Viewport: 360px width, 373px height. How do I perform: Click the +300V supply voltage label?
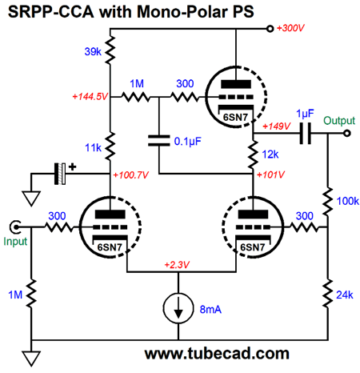tap(290, 28)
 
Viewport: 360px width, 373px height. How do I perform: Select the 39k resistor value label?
tap(93, 51)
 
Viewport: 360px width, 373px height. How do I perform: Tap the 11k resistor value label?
tap(93, 147)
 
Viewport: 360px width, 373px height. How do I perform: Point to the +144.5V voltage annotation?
tap(90, 96)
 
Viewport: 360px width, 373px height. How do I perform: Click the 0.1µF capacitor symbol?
tap(159, 141)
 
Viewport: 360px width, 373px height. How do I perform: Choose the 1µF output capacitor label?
tap(305, 114)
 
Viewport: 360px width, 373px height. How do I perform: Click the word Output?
tap(339, 121)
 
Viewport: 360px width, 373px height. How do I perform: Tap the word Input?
tap(15, 242)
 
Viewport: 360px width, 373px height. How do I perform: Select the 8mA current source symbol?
tap(178, 308)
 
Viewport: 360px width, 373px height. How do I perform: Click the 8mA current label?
tap(210, 310)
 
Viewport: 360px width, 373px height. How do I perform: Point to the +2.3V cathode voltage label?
tap(177, 265)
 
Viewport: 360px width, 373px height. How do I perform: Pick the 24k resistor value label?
tap(345, 295)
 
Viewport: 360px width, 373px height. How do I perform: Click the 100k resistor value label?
tap(348, 201)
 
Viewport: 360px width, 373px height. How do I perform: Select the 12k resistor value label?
tap(270, 154)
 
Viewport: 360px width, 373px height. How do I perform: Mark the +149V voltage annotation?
tap(277, 126)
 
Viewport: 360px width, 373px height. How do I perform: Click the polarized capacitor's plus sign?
tap(72, 167)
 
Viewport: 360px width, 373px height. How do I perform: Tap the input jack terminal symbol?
tap(15, 227)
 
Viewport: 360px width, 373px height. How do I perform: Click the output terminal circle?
tap(346, 133)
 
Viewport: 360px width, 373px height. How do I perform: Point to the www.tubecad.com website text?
tap(217, 354)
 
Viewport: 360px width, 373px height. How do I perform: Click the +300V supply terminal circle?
tap(270, 29)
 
